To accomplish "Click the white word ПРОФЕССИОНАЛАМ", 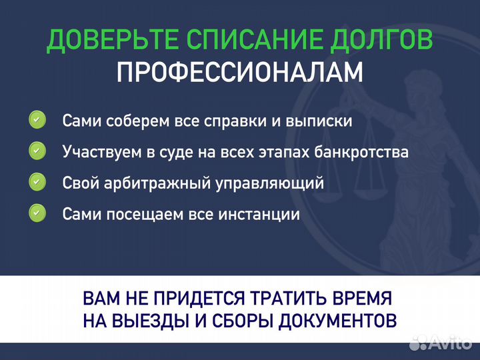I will tap(239, 73).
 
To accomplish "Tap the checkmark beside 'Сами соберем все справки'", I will tap(37, 121).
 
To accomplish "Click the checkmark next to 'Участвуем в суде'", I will tap(37, 151).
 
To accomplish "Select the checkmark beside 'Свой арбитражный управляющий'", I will tap(37, 182).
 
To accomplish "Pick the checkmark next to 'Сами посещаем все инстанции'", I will tap(37, 213).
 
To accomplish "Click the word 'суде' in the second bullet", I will tap(179, 152).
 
